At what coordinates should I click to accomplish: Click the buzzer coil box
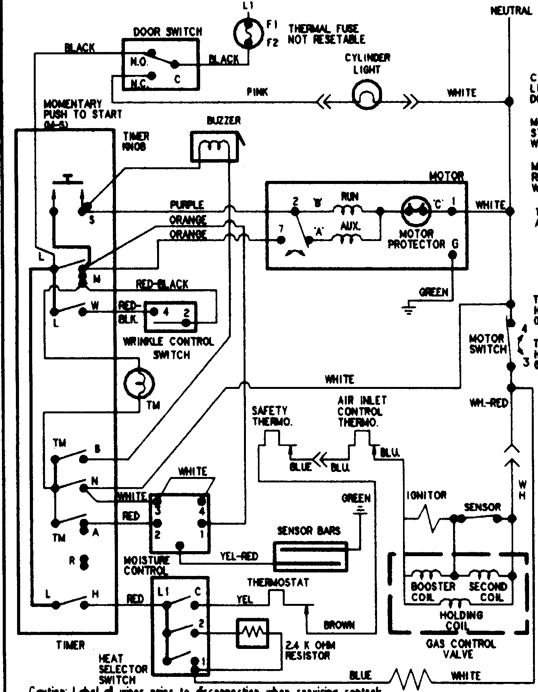[214, 146]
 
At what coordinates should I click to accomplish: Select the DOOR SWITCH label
[168, 32]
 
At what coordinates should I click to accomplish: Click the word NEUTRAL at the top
[511, 10]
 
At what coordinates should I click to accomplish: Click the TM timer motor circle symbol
[139, 383]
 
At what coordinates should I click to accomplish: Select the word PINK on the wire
[257, 92]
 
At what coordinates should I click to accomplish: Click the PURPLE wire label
[187, 205]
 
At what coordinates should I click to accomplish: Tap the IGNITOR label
[427, 495]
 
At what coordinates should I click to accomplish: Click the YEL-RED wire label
[239, 556]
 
